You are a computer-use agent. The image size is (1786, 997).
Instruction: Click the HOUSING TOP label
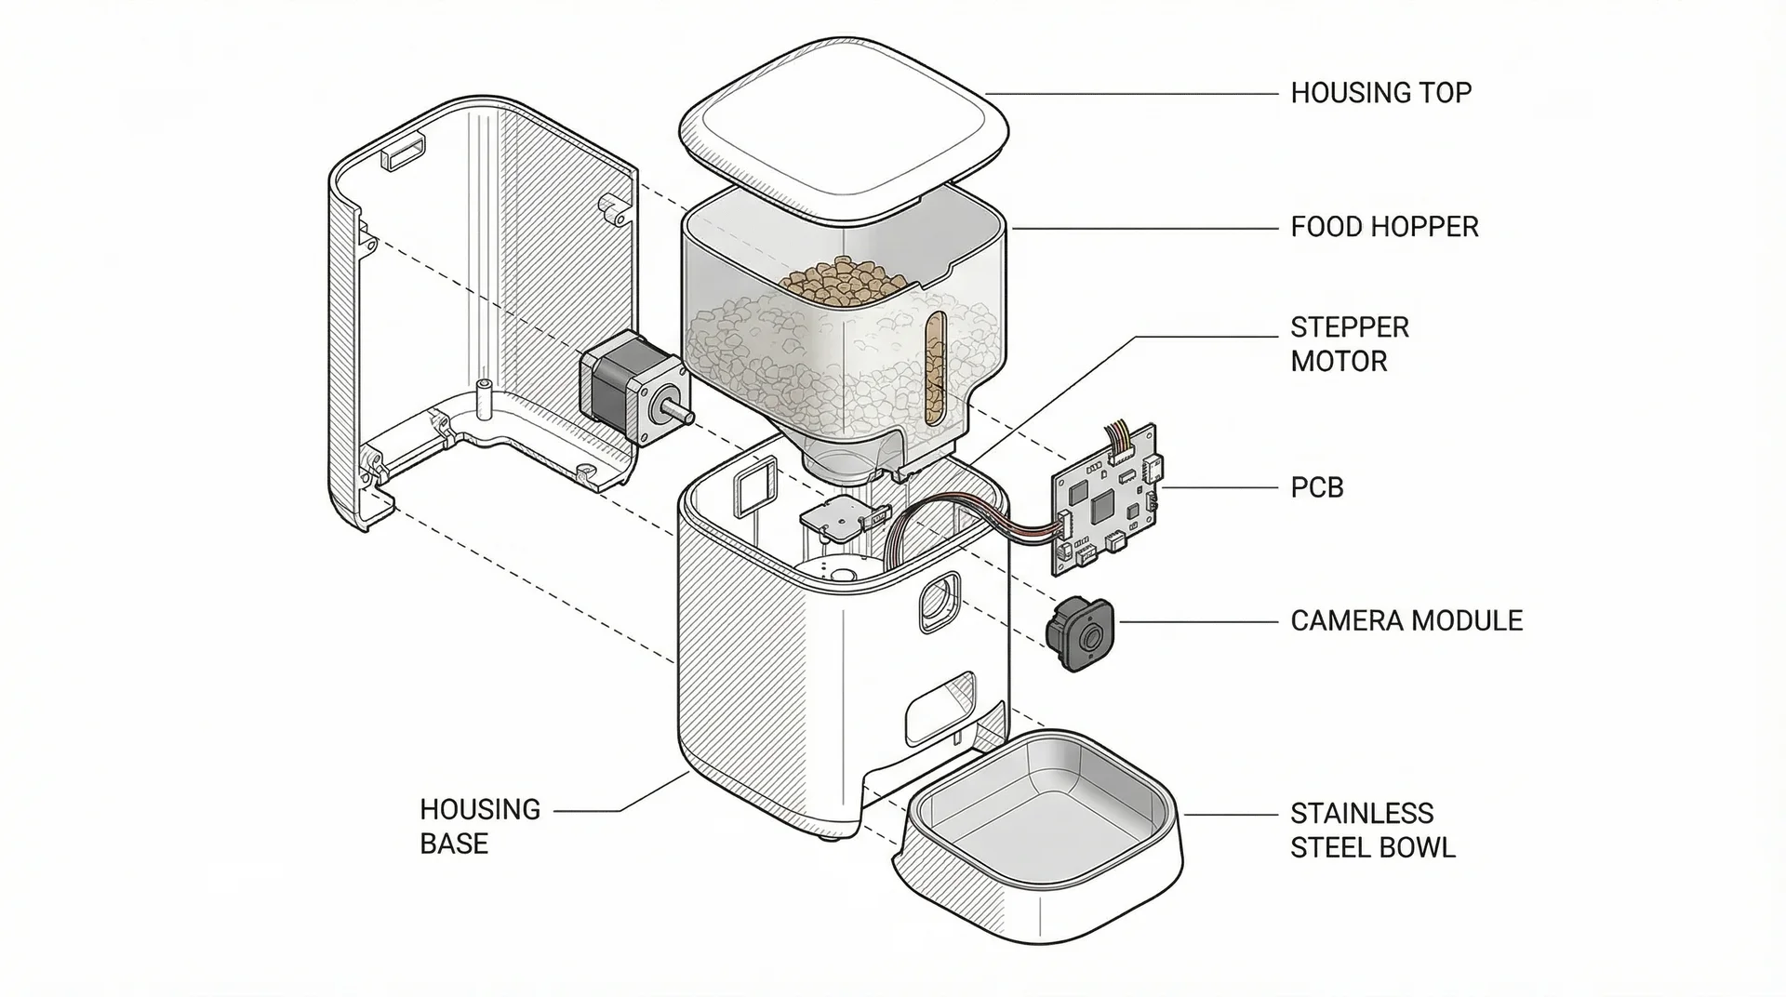coord(1380,93)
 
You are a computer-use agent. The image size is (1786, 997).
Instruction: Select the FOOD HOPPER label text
coord(1383,227)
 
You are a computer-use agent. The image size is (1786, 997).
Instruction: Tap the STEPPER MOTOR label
coord(1349,344)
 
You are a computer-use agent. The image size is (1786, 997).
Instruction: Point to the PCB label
coord(1316,487)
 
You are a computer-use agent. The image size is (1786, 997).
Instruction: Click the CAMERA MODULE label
coord(1406,620)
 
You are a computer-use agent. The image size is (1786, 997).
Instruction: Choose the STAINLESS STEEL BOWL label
coord(1371,831)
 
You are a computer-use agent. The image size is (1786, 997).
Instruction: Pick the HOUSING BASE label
coord(479,826)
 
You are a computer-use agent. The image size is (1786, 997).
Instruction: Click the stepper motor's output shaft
coord(676,409)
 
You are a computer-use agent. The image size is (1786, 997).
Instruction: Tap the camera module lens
coord(1091,637)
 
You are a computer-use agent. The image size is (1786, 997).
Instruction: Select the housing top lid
coord(844,129)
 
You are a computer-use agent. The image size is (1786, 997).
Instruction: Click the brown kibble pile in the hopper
coord(842,278)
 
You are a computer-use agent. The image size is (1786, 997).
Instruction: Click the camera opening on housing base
coord(938,603)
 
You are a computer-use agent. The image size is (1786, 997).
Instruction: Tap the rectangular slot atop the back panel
coord(405,152)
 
